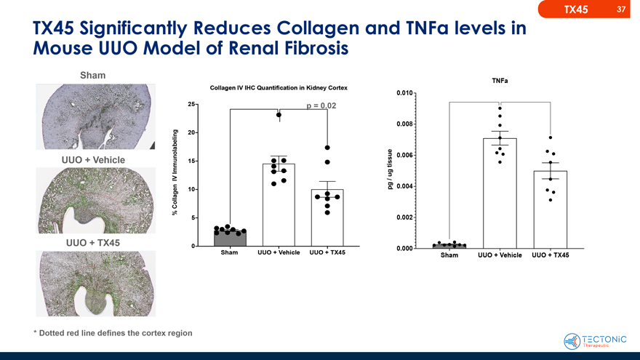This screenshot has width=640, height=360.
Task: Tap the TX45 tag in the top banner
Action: tap(576, 9)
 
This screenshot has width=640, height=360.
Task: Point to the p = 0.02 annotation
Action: tap(320, 105)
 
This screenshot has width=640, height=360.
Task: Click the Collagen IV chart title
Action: tap(279, 88)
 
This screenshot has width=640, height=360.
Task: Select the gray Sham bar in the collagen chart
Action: tap(230, 238)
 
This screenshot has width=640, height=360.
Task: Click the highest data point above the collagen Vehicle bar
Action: tap(279, 115)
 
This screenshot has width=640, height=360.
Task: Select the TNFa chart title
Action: tap(500, 80)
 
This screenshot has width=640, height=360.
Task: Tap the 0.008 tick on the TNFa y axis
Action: tap(405, 124)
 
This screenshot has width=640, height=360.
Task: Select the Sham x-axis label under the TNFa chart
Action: tap(449, 256)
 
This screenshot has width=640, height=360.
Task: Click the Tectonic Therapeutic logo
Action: tap(595, 341)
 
